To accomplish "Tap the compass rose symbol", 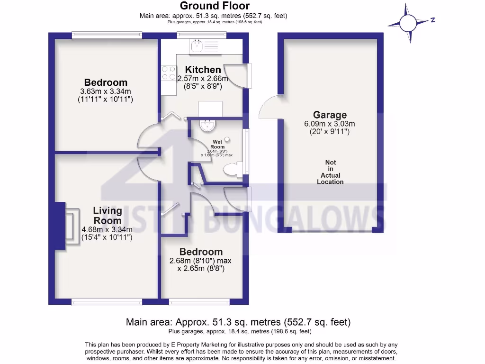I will click(x=408, y=23).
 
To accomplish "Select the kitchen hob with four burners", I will click(x=169, y=73).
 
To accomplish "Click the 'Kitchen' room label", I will click(x=203, y=70).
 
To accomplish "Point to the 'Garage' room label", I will click(x=330, y=115).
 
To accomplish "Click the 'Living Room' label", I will click(x=107, y=216).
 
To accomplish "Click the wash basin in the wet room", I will click(x=207, y=126).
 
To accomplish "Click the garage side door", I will click(x=268, y=107).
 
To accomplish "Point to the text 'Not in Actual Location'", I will click(x=330, y=172).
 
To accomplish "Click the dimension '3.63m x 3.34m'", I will click(x=106, y=91).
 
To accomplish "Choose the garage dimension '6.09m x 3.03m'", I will click(x=330, y=124).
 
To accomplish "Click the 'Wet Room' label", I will click(x=218, y=145).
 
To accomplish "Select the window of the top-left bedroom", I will click(x=107, y=35).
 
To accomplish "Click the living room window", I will click(x=107, y=302).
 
